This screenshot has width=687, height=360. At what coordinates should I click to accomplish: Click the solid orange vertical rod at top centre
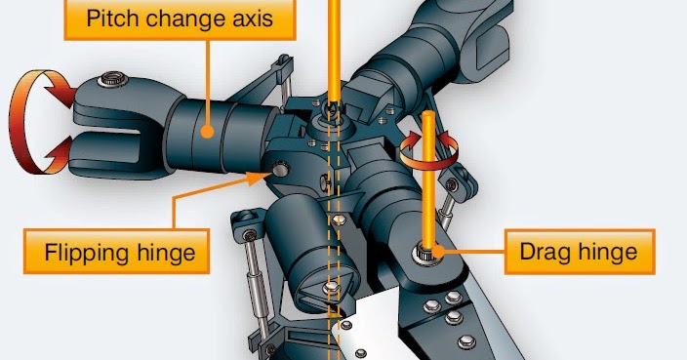click(336, 49)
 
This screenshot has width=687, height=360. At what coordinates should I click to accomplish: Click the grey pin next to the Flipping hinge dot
click(281, 169)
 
